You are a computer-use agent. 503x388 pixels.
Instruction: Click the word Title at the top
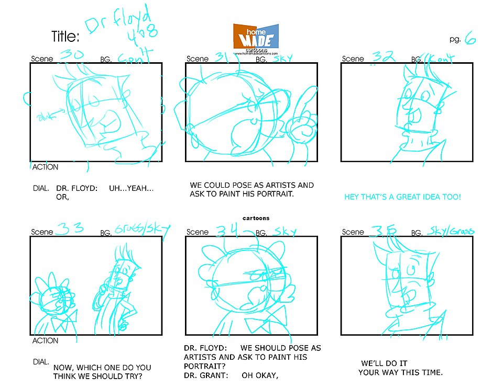point(65,36)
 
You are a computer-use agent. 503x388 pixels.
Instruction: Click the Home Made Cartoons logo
point(256,37)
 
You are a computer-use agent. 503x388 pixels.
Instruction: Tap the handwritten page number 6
point(469,39)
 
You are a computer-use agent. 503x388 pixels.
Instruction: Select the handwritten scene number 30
point(71,54)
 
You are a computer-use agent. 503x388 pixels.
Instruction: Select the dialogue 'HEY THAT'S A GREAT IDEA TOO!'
point(402,197)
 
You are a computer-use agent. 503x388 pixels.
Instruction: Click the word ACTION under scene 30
point(45,167)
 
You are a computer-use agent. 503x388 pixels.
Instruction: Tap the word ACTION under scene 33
point(45,341)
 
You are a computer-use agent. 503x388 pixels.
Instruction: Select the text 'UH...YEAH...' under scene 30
point(131,188)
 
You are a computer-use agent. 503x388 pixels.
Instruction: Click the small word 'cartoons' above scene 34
point(256,218)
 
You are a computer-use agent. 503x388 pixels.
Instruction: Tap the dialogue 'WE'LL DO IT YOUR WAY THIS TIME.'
point(400,368)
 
